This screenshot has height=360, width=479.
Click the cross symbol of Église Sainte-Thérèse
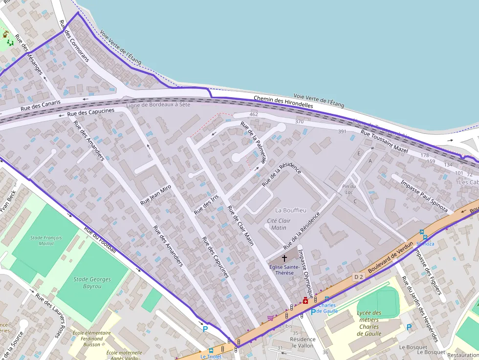pos(284,257)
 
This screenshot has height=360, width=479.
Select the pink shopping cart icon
pos(270,318)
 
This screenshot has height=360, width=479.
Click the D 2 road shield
pos(358,277)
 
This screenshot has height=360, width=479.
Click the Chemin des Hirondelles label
pos(283,102)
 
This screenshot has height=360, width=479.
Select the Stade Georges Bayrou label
pos(92,283)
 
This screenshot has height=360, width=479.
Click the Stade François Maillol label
pos(46,240)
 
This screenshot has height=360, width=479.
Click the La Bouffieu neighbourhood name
pos(290,210)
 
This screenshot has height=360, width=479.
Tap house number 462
pos(253,114)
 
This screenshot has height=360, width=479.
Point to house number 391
pos(342,131)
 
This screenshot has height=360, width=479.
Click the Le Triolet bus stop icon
pos(211,350)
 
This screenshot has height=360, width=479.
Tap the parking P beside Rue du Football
pos(205,329)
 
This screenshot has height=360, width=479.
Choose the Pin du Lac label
pos(349,189)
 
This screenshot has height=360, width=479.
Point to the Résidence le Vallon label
pos(303,342)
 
